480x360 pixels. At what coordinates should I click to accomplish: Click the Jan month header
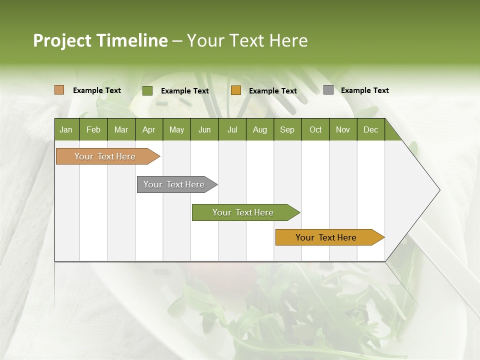[x=66, y=129]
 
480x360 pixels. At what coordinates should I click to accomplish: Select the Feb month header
[x=93, y=129]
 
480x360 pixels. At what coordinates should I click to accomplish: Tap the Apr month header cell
[x=149, y=129]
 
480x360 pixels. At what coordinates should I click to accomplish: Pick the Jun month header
[x=204, y=129]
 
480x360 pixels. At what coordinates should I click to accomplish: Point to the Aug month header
[x=260, y=129]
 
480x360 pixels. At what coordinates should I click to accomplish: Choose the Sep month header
[x=287, y=129]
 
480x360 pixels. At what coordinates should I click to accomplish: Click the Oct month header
[x=315, y=129]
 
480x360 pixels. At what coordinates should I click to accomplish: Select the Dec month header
[x=371, y=129]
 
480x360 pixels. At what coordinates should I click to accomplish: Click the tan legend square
[x=59, y=90]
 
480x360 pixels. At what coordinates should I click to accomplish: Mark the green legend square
[x=147, y=90]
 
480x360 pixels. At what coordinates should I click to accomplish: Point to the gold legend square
[x=236, y=90]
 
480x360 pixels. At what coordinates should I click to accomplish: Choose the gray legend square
[x=328, y=90]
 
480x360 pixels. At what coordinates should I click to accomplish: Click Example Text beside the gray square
[x=364, y=90]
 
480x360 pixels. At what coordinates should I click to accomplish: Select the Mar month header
[x=121, y=129]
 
